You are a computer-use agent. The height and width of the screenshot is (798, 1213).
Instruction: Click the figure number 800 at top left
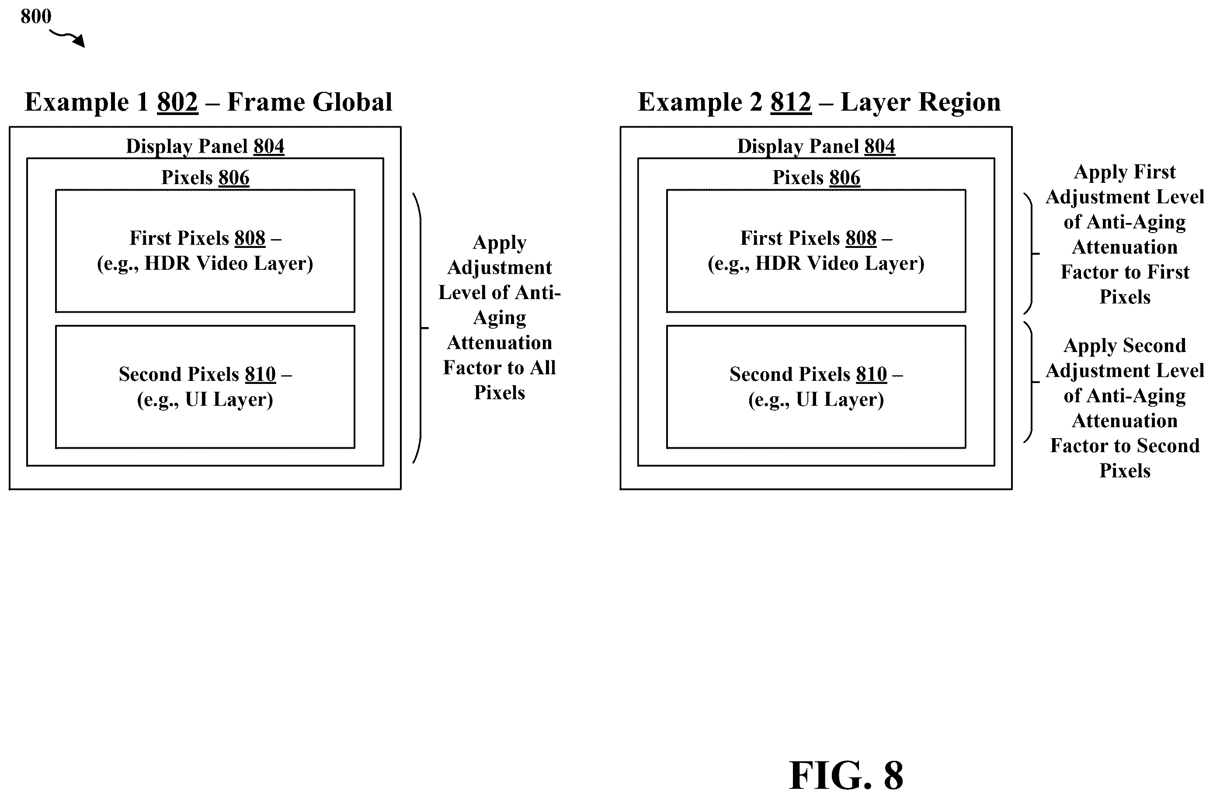[36, 16]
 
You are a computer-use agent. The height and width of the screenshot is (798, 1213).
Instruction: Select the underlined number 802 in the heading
[177, 102]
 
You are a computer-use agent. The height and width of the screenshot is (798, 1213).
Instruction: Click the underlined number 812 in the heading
[790, 102]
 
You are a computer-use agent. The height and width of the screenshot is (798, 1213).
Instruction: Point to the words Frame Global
[310, 102]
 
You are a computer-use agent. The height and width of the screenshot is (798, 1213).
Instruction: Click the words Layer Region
[921, 102]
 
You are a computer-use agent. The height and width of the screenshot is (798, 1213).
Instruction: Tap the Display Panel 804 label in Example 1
[205, 146]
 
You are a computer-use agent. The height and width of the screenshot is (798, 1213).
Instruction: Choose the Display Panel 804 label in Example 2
[816, 146]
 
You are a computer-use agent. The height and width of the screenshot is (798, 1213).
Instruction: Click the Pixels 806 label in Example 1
[205, 178]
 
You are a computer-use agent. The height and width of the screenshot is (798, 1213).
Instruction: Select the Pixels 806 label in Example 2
[817, 178]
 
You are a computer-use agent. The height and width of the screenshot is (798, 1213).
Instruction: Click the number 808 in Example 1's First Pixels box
[250, 238]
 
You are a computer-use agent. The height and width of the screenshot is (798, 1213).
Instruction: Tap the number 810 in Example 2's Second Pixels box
[872, 374]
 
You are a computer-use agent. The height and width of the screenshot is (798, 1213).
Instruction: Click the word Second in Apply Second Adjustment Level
[1154, 346]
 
